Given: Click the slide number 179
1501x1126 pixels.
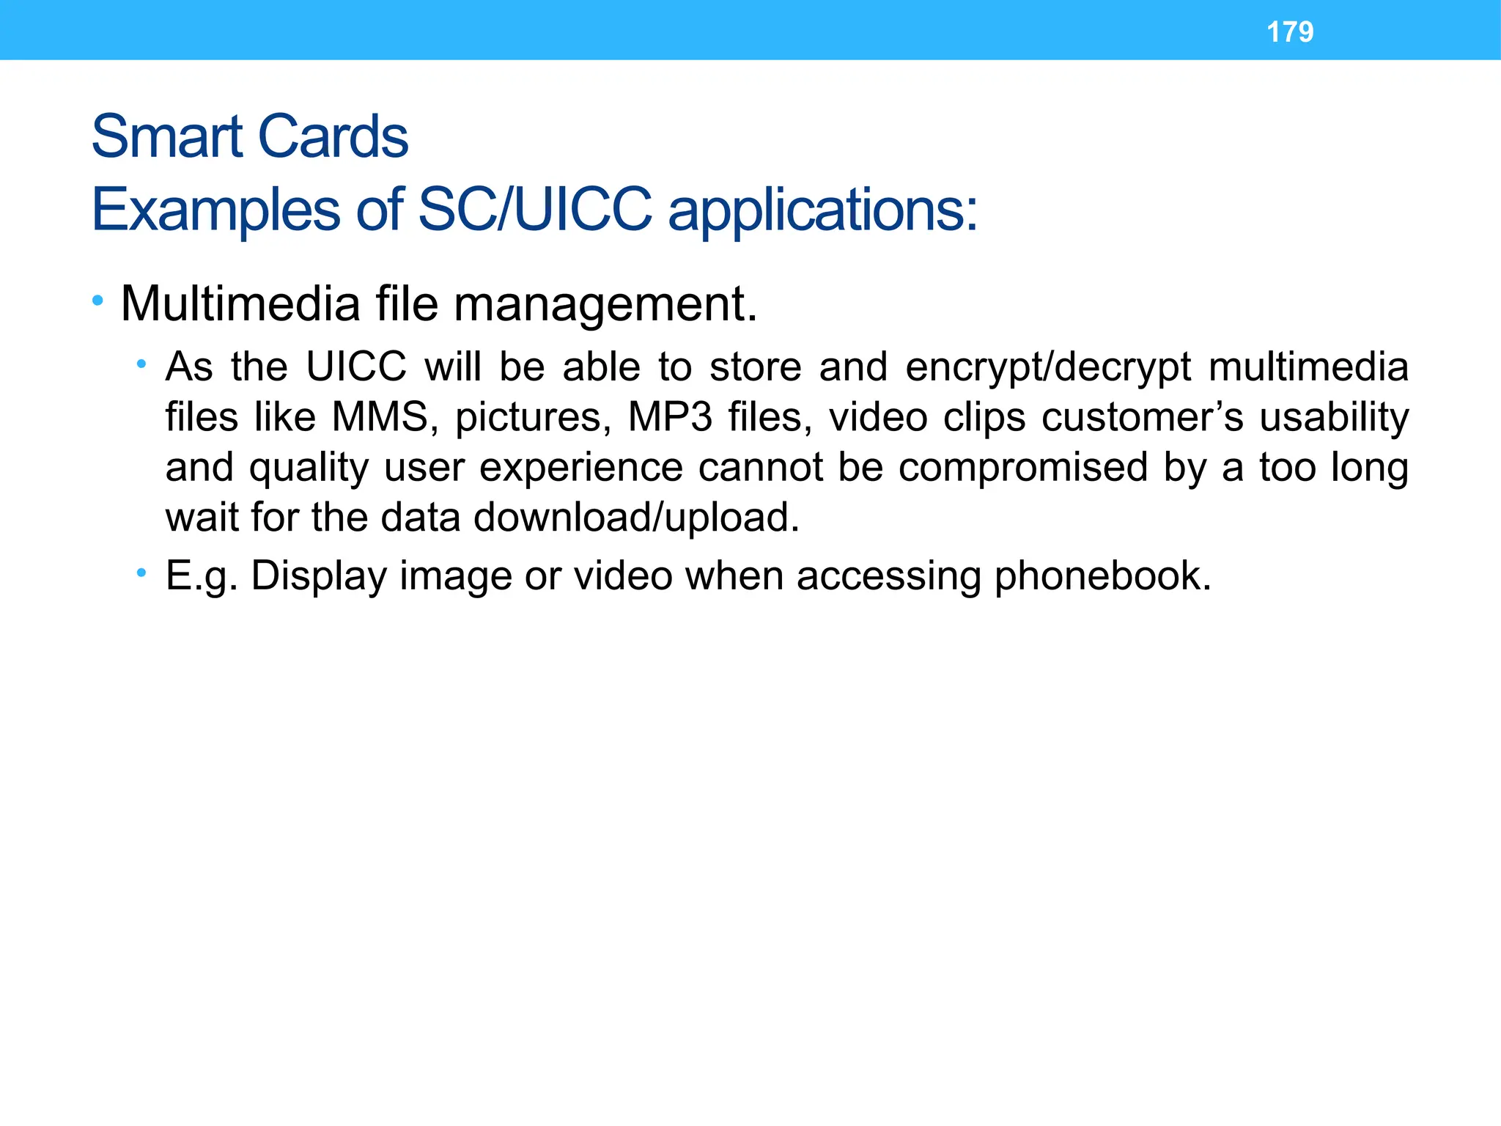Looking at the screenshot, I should click(1290, 32).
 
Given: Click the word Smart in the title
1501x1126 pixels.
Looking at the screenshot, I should click(166, 137).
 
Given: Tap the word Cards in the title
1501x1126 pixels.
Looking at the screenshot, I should click(333, 137).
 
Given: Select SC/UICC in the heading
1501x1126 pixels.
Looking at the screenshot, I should click(534, 210).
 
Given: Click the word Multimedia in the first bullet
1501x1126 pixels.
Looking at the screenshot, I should click(240, 303).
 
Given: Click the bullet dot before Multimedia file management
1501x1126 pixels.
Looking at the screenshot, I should click(97, 301).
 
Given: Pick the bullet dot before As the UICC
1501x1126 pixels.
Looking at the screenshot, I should click(141, 364).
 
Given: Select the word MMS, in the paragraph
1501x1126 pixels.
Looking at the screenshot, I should click(385, 417).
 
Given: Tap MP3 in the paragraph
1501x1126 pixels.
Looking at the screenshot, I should click(670, 417).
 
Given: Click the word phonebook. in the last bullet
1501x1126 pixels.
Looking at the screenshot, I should click(1102, 575).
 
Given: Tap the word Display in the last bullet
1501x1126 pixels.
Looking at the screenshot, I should click(319, 576).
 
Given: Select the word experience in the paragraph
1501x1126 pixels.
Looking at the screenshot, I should click(581, 468).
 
